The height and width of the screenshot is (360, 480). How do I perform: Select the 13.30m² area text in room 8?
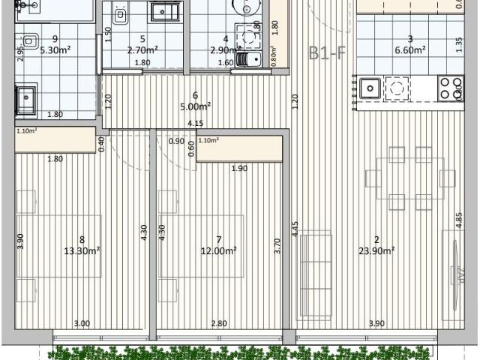82,251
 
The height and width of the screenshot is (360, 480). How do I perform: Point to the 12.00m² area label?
218,251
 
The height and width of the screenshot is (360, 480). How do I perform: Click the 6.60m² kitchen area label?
410,50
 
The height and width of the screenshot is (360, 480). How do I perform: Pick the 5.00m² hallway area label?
195,106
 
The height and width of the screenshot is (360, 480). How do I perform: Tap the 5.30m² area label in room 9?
55,50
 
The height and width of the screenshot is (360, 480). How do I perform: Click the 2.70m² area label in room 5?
142,50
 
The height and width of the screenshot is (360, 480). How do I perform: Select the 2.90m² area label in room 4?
225,50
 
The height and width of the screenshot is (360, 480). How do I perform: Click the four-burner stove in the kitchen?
450,89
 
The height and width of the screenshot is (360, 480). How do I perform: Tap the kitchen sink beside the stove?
370,89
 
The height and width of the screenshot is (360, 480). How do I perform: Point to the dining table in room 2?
409,178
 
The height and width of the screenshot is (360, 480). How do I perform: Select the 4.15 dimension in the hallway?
196,124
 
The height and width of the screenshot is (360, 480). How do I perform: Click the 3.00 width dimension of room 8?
82,323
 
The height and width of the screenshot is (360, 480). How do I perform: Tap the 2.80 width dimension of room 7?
218,323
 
